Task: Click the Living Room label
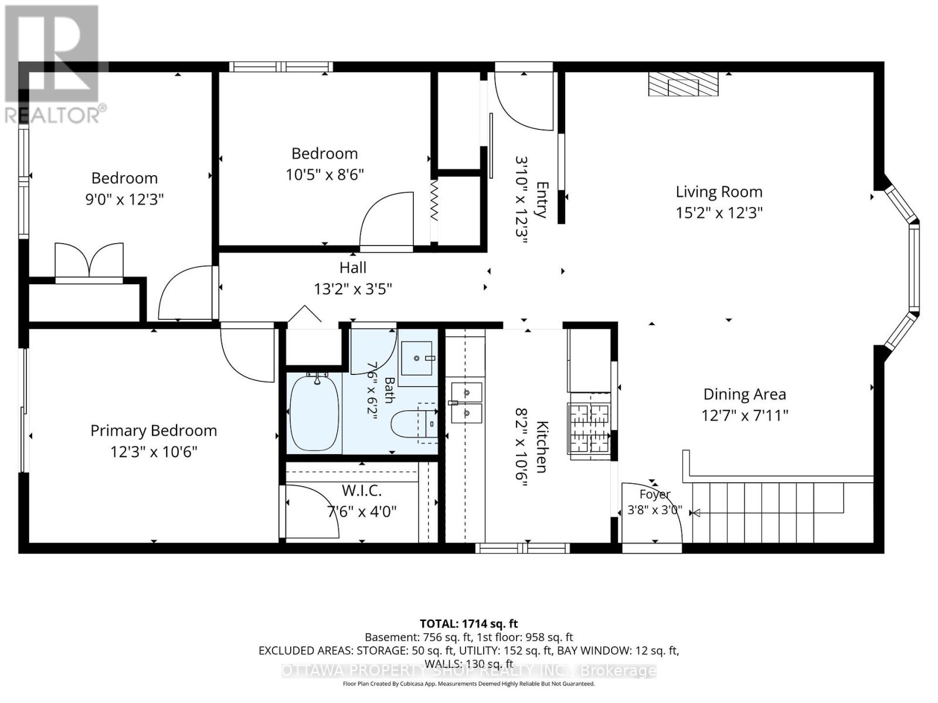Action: tap(719, 192)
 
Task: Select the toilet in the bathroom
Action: tap(414, 424)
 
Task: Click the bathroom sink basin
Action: tap(417, 358)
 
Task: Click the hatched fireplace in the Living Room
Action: tap(684, 84)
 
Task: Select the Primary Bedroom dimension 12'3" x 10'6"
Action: tap(154, 452)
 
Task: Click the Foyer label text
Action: tap(655, 494)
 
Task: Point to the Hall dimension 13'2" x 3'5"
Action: tap(353, 289)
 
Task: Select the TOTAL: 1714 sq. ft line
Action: tap(469, 623)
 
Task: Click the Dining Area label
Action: tap(745, 394)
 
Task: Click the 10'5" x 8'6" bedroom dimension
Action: tap(325, 175)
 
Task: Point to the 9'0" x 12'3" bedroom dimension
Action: tap(125, 199)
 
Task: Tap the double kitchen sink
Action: tap(466, 402)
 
